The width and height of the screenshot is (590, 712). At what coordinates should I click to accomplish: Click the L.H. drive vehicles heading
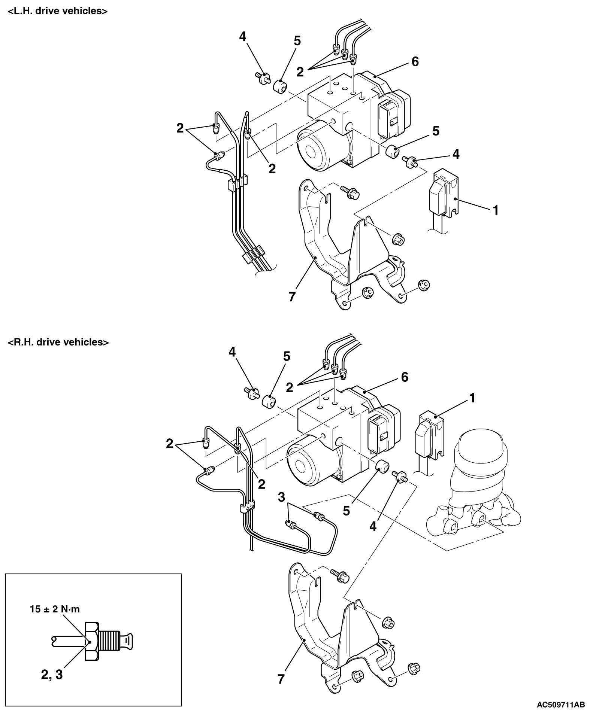[58, 11]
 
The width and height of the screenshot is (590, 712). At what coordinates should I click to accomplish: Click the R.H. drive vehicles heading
[58, 342]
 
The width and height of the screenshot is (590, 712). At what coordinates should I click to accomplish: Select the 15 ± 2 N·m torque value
[55, 609]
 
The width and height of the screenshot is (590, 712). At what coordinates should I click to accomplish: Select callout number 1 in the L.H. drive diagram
[496, 210]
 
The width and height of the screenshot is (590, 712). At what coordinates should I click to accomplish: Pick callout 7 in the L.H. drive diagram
[292, 297]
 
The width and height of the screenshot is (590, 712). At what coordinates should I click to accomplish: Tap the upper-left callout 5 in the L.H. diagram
[297, 41]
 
